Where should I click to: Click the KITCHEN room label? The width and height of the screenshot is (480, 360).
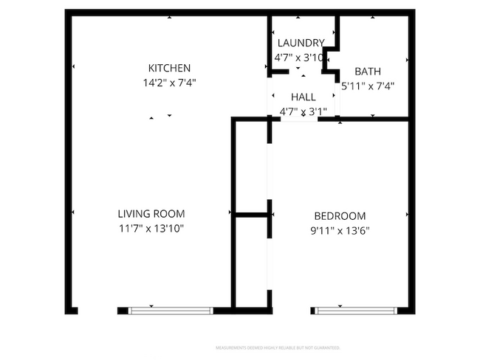(x=169, y=68)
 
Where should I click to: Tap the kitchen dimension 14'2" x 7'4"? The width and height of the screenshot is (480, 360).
(x=169, y=83)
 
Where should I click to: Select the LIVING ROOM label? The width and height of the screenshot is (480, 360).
(x=151, y=214)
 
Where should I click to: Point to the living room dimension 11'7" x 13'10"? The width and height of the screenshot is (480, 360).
(x=151, y=229)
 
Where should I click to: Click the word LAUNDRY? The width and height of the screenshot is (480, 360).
(x=300, y=43)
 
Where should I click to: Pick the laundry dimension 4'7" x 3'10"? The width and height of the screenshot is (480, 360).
(x=300, y=56)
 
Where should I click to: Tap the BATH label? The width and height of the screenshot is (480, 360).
(x=368, y=72)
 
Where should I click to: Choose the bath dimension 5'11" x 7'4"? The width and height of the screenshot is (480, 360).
(x=368, y=86)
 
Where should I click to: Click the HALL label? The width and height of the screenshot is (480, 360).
(x=303, y=97)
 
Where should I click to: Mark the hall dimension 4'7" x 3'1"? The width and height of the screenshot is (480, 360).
(x=303, y=111)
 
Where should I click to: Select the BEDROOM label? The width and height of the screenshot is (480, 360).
(x=340, y=216)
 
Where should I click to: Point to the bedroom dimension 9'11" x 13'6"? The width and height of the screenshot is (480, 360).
(x=340, y=230)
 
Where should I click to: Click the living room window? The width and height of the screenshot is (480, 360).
(x=171, y=310)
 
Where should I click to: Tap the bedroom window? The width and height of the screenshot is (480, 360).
(x=359, y=310)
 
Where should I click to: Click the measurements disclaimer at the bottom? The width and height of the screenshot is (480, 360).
(x=277, y=347)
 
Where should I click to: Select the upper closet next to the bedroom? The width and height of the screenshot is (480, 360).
(x=252, y=166)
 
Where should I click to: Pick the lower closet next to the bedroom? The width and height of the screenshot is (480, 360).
(x=252, y=262)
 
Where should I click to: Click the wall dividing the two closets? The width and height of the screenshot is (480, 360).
(x=252, y=215)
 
